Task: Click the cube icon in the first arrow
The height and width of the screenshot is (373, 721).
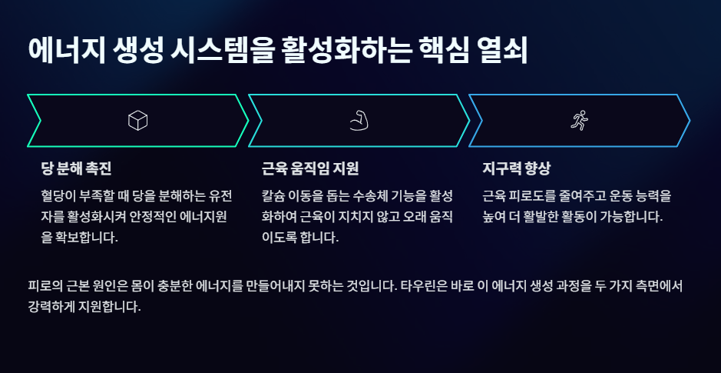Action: pyautogui.click(x=137, y=120)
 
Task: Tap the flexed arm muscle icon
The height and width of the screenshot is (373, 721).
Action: pyautogui.click(x=359, y=120)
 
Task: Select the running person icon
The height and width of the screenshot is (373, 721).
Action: pyautogui.click(x=579, y=120)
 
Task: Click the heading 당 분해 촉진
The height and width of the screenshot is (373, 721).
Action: pyautogui.click(x=77, y=168)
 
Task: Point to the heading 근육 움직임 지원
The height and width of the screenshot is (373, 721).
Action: pyautogui.click(x=310, y=168)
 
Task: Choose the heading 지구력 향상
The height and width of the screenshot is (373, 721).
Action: pyautogui.click(x=517, y=168)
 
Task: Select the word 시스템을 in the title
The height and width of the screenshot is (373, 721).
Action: pyautogui.click(x=230, y=50)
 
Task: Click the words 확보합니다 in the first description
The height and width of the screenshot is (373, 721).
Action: pyautogui.click(x=84, y=238)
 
